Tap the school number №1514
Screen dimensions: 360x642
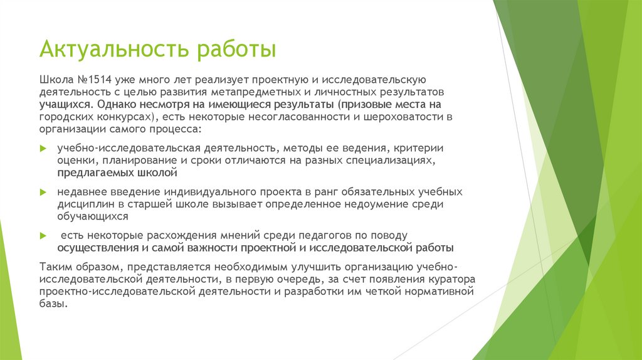[x=90, y=80]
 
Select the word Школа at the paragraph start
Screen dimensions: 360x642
[x=55, y=80]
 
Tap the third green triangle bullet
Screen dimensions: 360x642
[x=43, y=235]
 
